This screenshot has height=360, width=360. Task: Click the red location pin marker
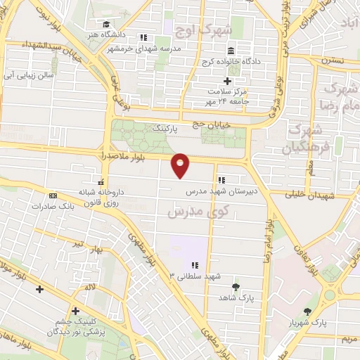coord(181,165)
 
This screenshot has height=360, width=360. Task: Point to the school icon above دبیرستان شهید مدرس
coord(222,179)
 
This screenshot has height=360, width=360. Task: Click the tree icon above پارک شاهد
coord(235,286)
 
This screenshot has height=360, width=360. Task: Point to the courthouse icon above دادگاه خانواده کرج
coord(231,50)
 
